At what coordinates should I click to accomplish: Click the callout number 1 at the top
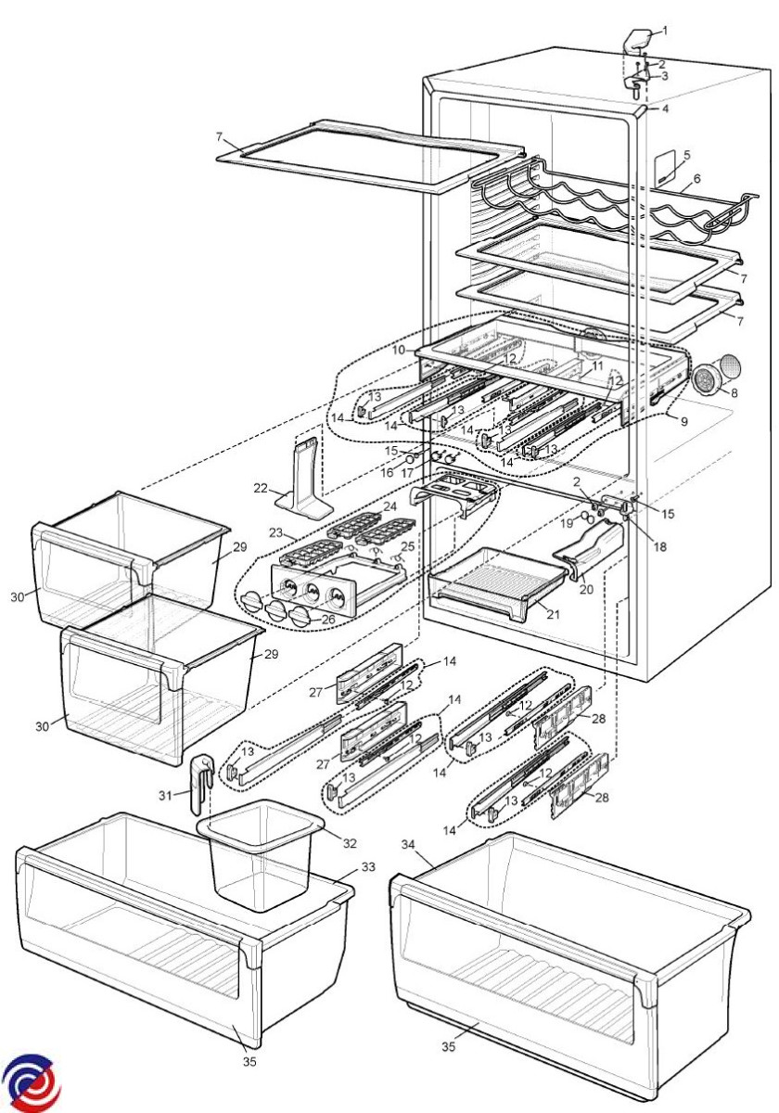pos(665,31)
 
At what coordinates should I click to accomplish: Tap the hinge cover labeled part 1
pos(637,40)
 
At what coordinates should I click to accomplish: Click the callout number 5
pos(687,154)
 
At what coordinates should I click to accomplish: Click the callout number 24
pos(389,506)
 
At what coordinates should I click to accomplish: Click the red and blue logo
pos(30,1081)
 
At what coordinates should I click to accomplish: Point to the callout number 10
pos(399,351)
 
